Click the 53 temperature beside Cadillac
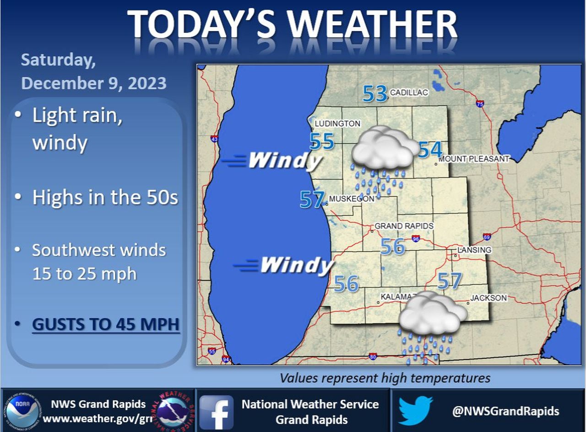tap(375, 93)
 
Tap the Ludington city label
tap(337, 124)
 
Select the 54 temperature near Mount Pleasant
tap(430, 150)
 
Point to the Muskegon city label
tap(352, 199)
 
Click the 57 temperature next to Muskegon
tap(312, 200)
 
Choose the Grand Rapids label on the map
tap(404, 226)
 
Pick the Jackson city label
tap(488, 298)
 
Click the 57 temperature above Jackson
tap(449, 281)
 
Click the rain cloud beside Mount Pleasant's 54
tap(384, 149)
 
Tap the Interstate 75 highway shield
tap(480, 104)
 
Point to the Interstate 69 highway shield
tap(487, 237)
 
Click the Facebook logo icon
tap(216, 412)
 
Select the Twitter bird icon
tap(415, 410)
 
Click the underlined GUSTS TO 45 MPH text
tap(105, 324)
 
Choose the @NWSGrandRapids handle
tap(505, 411)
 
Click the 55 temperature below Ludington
tap(322, 141)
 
